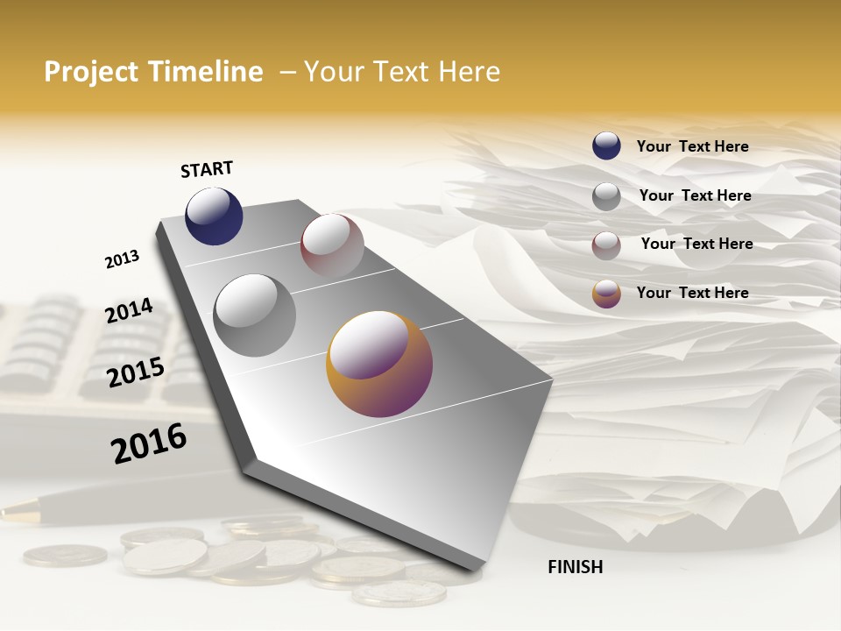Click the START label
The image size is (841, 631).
[207, 169]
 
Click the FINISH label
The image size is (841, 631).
[575, 567]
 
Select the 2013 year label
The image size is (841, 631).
[122, 259]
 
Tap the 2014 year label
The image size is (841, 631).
[129, 311]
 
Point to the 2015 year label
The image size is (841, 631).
[136, 372]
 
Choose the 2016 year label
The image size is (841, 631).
[149, 443]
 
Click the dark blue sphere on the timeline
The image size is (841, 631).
[214, 216]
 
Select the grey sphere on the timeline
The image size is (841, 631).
[255, 315]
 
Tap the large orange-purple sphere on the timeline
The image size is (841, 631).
[379, 364]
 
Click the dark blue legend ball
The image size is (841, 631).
[606, 145]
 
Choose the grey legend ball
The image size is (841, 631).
[606, 196]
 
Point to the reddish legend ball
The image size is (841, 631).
[606, 245]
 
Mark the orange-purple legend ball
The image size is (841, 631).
[606, 294]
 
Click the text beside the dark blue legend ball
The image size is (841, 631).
[692, 146]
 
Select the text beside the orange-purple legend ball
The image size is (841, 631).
[692, 293]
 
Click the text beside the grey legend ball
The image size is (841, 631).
[695, 195]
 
